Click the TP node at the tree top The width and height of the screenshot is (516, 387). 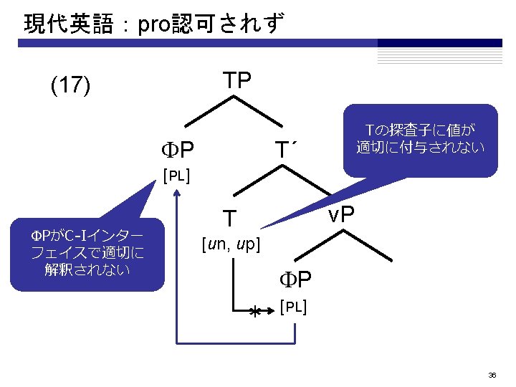pos(236,81)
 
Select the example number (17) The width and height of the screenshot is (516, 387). pos(70,87)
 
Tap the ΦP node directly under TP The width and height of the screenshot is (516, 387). pos(178,151)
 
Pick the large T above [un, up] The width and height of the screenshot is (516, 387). pos(229,217)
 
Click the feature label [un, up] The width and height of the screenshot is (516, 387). pos(231,244)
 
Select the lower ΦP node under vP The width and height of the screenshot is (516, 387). pos(295,279)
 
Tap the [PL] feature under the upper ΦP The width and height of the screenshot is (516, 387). pos(176,176)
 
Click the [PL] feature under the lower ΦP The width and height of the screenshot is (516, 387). pos(294,307)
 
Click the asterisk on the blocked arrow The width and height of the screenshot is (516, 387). pos(254,312)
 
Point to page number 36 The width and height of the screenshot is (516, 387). pos(492,375)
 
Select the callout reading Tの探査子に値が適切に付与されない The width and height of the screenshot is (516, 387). pos(420,140)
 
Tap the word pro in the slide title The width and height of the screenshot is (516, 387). pos(153,25)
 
